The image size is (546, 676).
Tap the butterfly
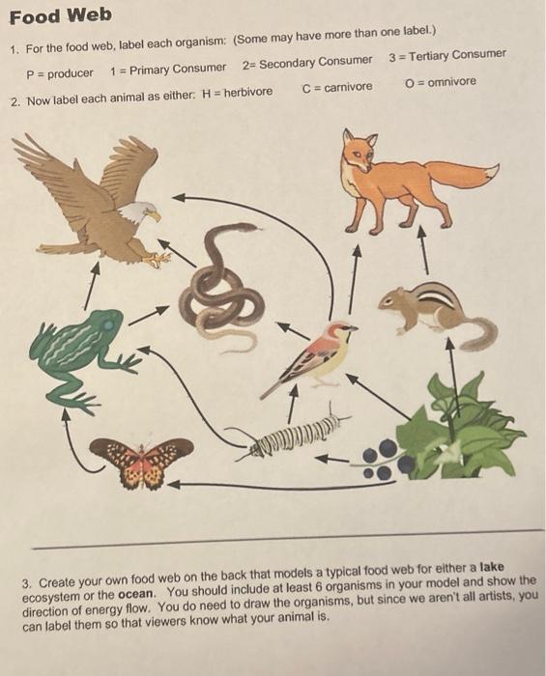(x=144, y=459)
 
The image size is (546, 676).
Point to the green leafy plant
(x=464, y=425)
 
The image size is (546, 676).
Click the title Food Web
(x=60, y=15)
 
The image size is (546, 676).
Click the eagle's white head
(x=146, y=211)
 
